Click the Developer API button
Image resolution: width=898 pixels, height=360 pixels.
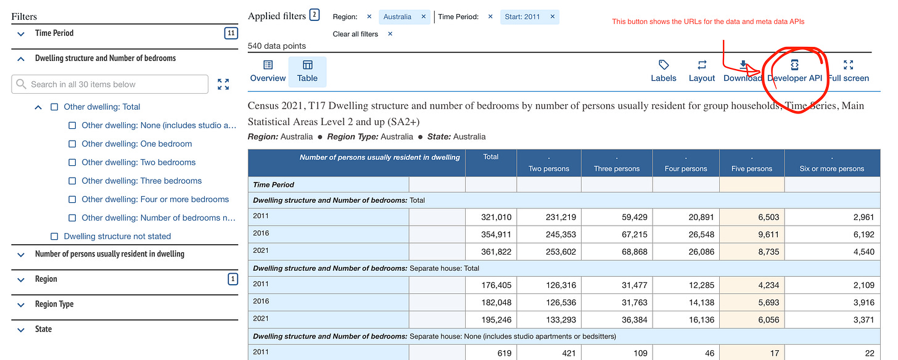(x=794, y=71)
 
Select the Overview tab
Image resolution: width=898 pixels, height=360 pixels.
(x=268, y=71)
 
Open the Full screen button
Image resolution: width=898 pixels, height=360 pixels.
(x=848, y=71)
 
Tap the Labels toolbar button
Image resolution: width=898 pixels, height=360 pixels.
(x=664, y=71)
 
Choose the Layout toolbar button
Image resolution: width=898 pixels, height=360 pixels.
(x=702, y=71)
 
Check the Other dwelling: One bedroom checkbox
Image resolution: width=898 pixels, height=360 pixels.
(x=72, y=144)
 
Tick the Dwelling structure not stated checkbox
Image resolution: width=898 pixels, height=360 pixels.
(x=54, y=236)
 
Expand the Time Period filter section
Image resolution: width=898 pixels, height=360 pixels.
(x=54, y=33)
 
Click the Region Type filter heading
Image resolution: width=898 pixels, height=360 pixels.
(x=54, y=305)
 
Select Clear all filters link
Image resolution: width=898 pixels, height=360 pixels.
(x=355, y=34)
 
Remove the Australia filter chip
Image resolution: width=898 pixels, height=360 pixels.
(x=423, y=17)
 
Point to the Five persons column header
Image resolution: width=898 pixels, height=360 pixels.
(x=751, y=168)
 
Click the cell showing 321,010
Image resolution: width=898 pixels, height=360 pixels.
(x=491, y=217)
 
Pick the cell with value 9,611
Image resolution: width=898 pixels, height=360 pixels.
(x=751, y=234)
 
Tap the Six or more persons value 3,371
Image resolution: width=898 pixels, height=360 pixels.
(x=832, y=320)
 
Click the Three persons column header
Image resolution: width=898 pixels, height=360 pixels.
(x=616, y=168)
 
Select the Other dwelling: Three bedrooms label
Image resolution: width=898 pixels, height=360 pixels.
(x=141, y=181)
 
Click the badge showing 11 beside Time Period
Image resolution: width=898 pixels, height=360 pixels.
(x=231, y=33)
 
